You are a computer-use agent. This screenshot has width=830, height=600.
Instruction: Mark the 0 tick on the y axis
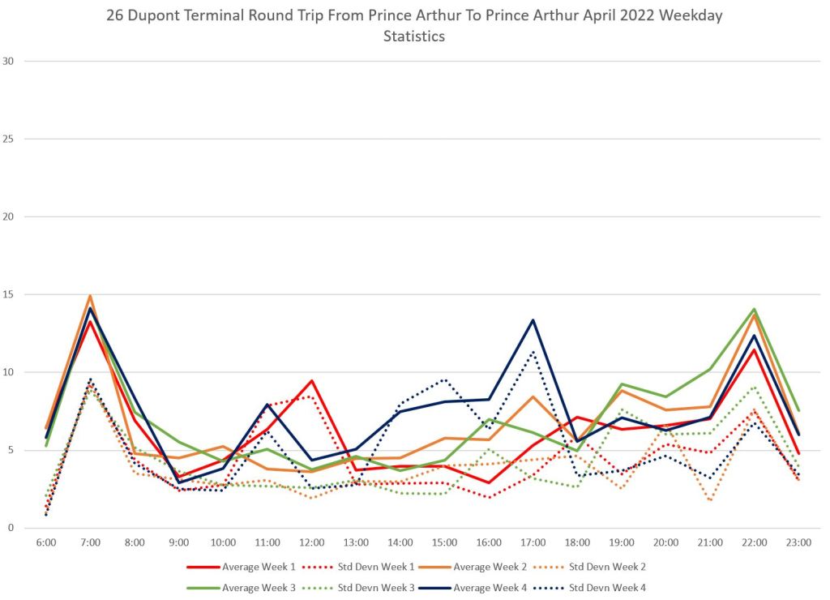point(11,528)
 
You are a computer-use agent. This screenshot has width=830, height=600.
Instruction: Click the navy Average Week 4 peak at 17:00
point(533,320)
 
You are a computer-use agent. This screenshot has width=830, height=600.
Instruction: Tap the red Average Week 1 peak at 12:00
point(312,380)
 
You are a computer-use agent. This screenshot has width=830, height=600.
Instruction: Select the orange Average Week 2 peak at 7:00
point(91,296)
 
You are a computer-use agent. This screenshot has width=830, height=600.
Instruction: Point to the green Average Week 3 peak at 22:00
point(755,309)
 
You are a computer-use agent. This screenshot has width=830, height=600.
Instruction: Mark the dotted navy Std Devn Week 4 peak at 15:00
point(444,379)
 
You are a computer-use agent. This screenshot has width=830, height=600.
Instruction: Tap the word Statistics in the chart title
point(414,36)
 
